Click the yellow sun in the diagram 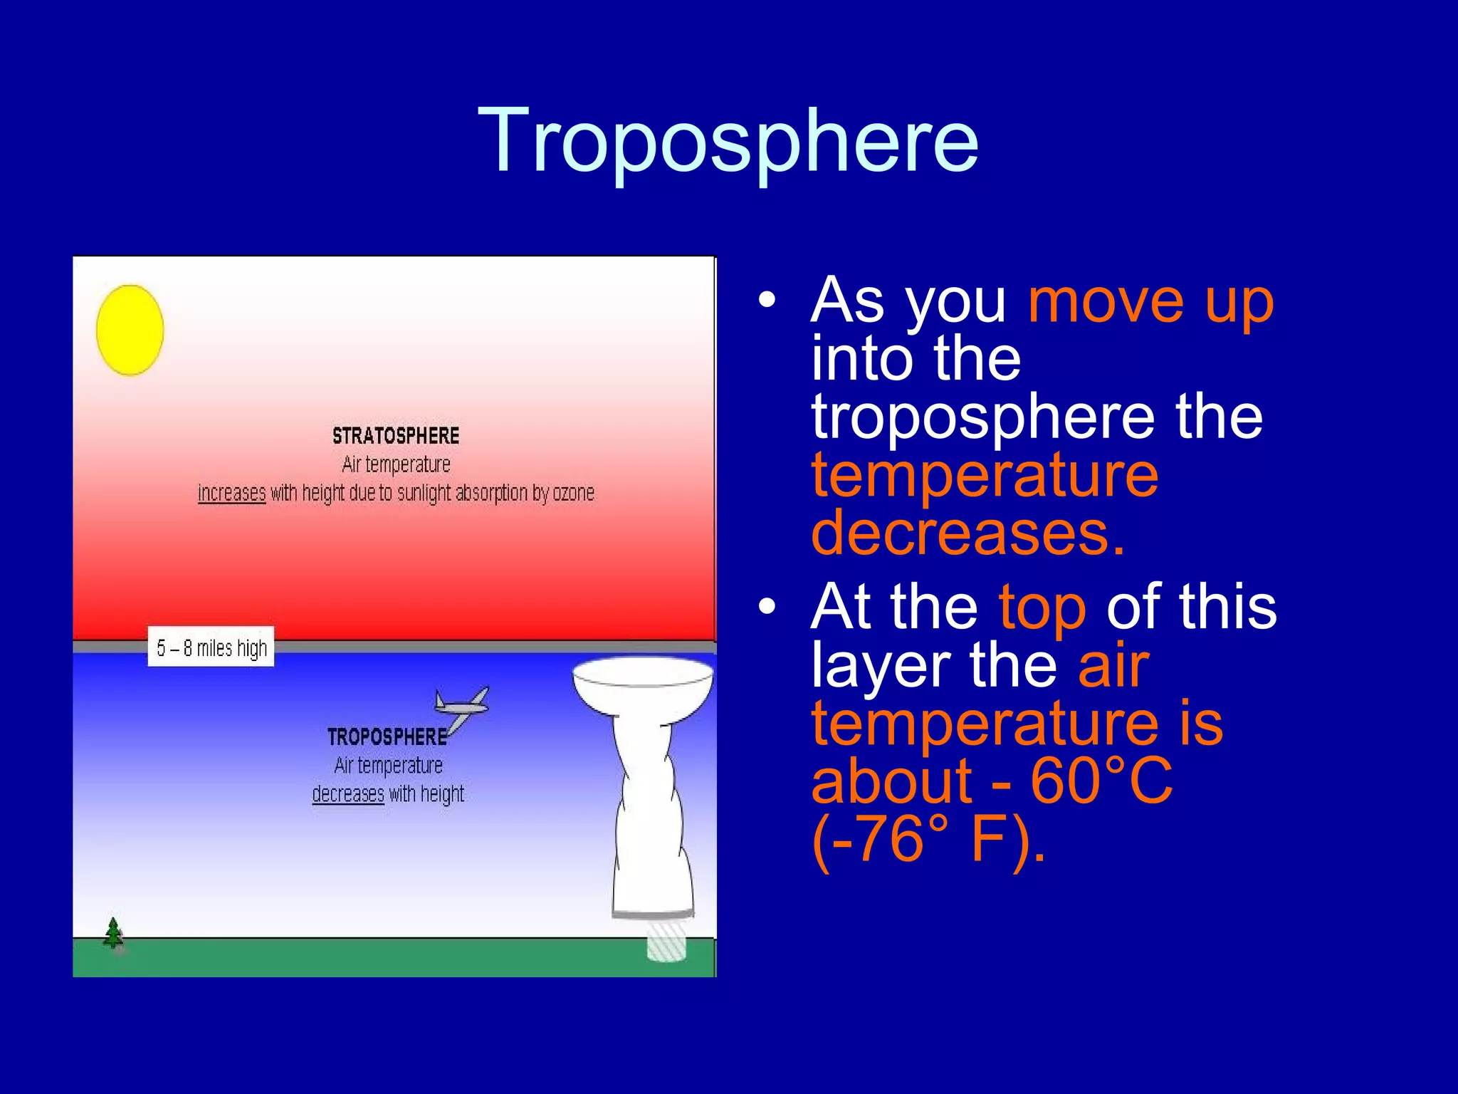click(130, 330)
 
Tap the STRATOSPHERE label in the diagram click(396, 436)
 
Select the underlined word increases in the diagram click(231, 493)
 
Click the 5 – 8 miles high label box click(211, 647)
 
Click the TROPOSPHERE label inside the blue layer click(387, 736)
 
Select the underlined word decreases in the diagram click(347, 793)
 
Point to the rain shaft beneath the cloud click(666, 940)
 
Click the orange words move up click(1150, 301)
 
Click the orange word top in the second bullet click(1042, 607)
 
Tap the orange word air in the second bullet click(1113, 665)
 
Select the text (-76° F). click(928, 839)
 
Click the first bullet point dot click(767, 300)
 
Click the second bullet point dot click(767, 607)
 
